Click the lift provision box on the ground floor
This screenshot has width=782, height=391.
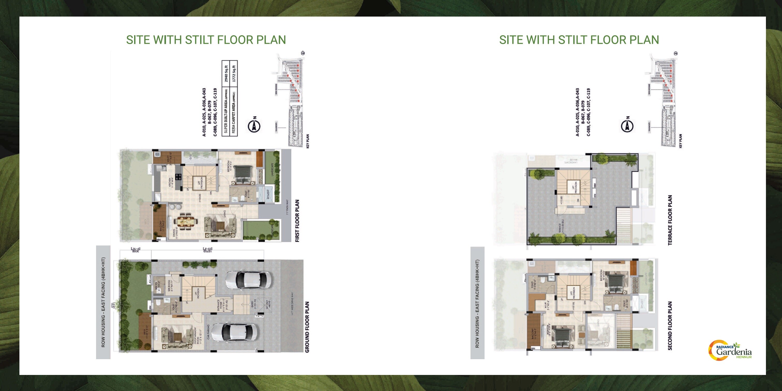click(x=197, y=293)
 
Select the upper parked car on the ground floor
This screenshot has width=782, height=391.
click(x=248, y=280)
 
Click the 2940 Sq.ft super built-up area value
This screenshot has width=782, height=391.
click(x=226, y=74)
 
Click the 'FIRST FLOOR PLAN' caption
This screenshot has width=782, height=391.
click(x=297, y=221)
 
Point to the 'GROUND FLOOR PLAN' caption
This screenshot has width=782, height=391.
click(x=307, y=327)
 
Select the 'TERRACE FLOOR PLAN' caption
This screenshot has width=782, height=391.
click(x=670, y=220)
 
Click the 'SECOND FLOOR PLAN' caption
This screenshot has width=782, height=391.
click(x=670, y=326)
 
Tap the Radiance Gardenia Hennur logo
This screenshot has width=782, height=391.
click(x=730, y=350)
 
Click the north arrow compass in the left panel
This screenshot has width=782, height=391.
click(x=254, y=125)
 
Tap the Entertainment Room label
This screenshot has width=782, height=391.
click(x=197, y=335)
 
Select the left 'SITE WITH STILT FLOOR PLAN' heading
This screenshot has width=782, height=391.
click(x=206, y=40)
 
